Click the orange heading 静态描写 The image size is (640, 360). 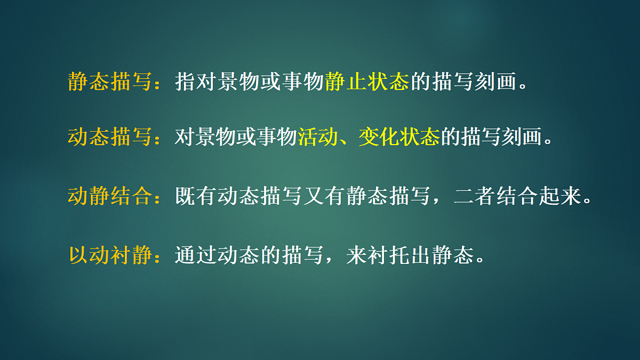(110, 82)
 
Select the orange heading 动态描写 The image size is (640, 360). (110, 138)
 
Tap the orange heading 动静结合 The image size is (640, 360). (110, 196)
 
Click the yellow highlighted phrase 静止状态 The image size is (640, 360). (366, 82)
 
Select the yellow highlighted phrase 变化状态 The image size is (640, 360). (399, 138)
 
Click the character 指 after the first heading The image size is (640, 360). (185, 82)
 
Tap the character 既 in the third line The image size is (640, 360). (185, 196)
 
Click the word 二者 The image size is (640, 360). (474, 196)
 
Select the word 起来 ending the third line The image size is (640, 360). (558, 196)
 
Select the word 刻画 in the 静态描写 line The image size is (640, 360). (494, 82)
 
